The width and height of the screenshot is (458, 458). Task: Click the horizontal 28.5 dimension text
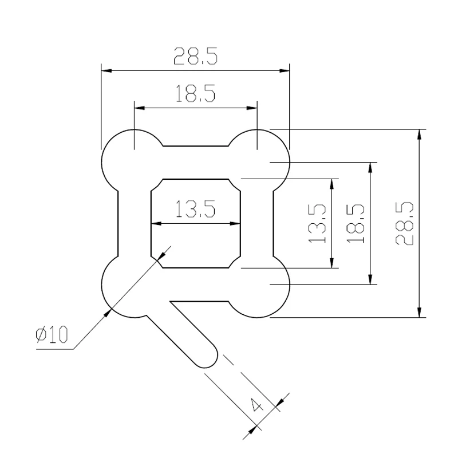pyautogui.click(x=195, y=56)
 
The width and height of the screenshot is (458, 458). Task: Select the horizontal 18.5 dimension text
pyautogui.click(x=195, y=93)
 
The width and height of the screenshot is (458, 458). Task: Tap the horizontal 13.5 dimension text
pyautogui.click(x=195, y=209)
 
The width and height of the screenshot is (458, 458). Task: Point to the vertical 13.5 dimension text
pyautogui.click(x=317, y=223)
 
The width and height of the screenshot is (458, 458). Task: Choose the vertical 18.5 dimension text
pyautogui.click(x=356, y=223)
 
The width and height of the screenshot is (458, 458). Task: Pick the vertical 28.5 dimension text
pyautogui.click(x=405, y=223)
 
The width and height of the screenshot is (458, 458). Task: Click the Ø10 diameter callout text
pyautogui.click(x=52, y=334)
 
